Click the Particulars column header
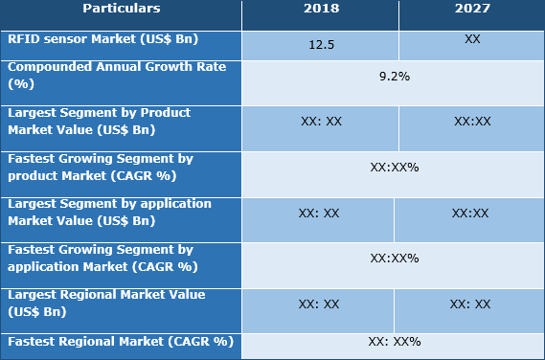pos(121,10)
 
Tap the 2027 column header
pos(472,10)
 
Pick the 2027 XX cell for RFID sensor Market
pos(472,40)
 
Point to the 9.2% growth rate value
pos(394,77)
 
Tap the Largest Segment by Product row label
pos(100,120)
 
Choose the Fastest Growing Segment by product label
pos(100,167)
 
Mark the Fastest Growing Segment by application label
pos(101,258)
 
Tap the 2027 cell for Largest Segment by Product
pos(472,123)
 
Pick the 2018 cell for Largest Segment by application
pos(319,214)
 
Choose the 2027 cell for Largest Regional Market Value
pos(470,304)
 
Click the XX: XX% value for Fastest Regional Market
pos(394,342)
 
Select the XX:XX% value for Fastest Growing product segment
pos(394,168)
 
